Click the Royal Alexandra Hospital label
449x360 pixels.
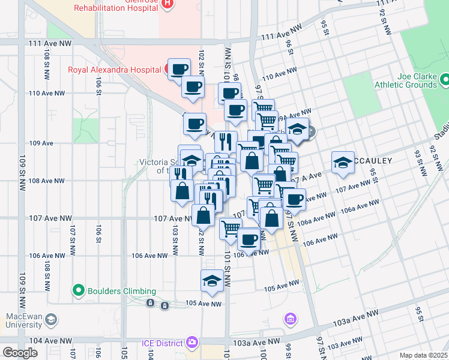114,70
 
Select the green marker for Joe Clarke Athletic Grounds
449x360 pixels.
445,79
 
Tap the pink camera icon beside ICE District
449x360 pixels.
192,343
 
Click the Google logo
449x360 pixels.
20,353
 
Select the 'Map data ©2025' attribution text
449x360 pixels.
423,355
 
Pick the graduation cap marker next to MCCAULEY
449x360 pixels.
343,162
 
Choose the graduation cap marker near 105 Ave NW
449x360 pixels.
212,281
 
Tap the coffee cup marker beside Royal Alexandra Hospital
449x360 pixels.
178,70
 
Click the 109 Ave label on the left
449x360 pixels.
41,143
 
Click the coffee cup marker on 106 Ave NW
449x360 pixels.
248,238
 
